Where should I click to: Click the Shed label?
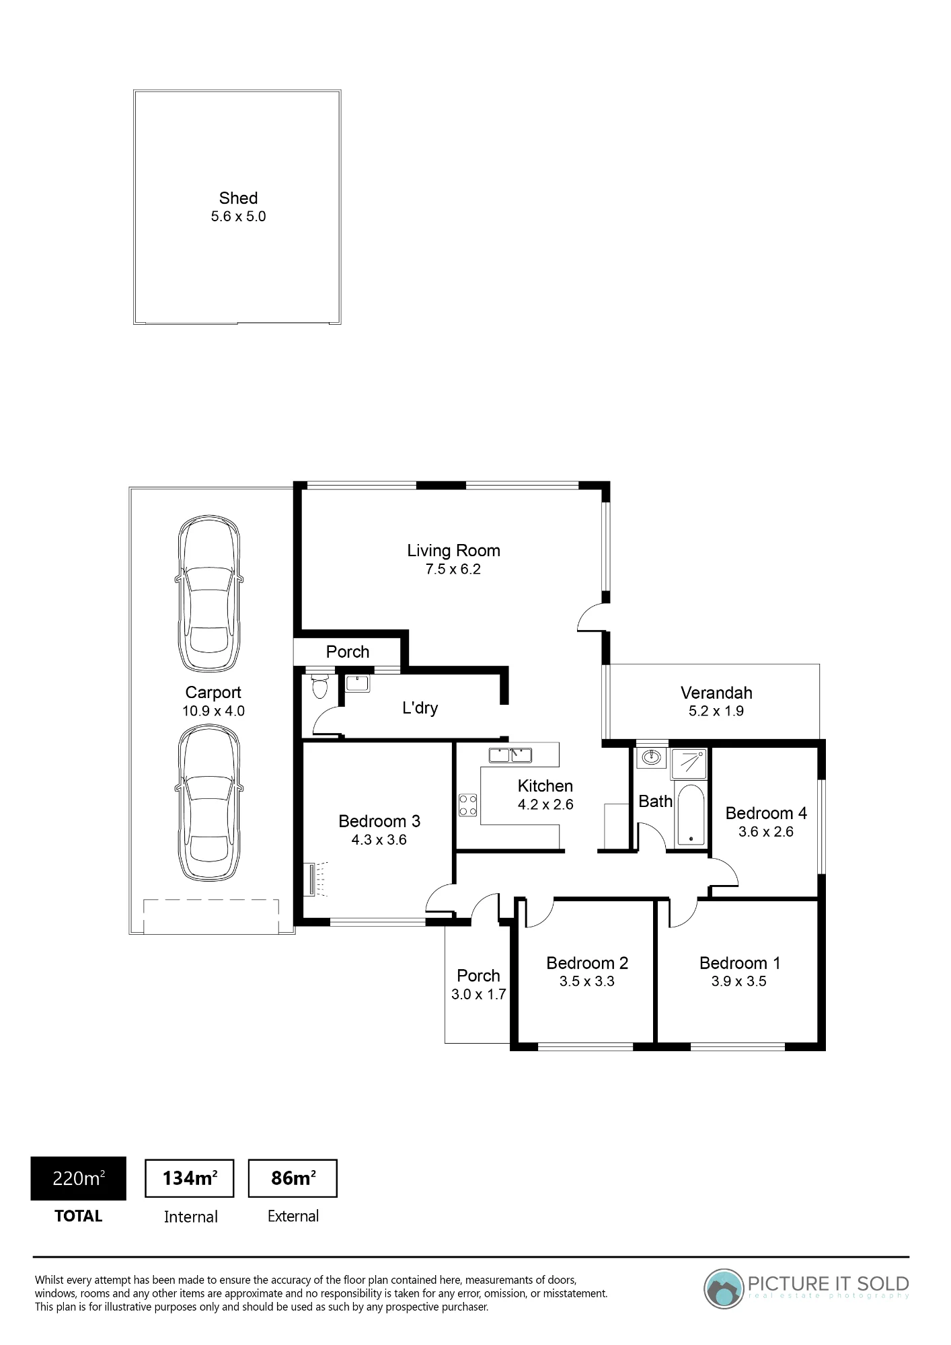pyautogui.click(x=238, y=198)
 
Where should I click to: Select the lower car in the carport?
pyautogui.click(x=209, y=803)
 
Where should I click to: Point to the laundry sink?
pyautogui.click(x=357, y=683)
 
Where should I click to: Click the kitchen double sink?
pyautogui.click(x=510, y=755)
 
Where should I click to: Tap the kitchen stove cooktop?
pyautogui.click(x=468, y=805)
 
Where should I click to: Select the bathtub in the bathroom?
pyautogui.click(x=691, y=814)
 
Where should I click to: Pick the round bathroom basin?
pyautogui.click(x=651, y=758)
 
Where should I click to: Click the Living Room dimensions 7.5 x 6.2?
pyautogui.click(x=453, y=569)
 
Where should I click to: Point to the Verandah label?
pyautogui.click(x=716, y=693)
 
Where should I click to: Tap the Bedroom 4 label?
pyautogui.click(x=766, y=813)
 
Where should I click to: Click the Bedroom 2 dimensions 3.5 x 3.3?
pyautogui.click(x=587, y=981)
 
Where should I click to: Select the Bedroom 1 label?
pyautogui.click(x=740, y=963)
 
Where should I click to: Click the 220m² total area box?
pyautogui.click(x=79, y=1178)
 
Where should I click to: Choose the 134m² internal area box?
pyautogui.click(x=190, y=1178)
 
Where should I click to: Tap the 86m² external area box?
pyautogui.click(x=293, y=1178)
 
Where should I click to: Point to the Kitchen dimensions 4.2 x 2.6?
pyautogui.click(x=545, y=804)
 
